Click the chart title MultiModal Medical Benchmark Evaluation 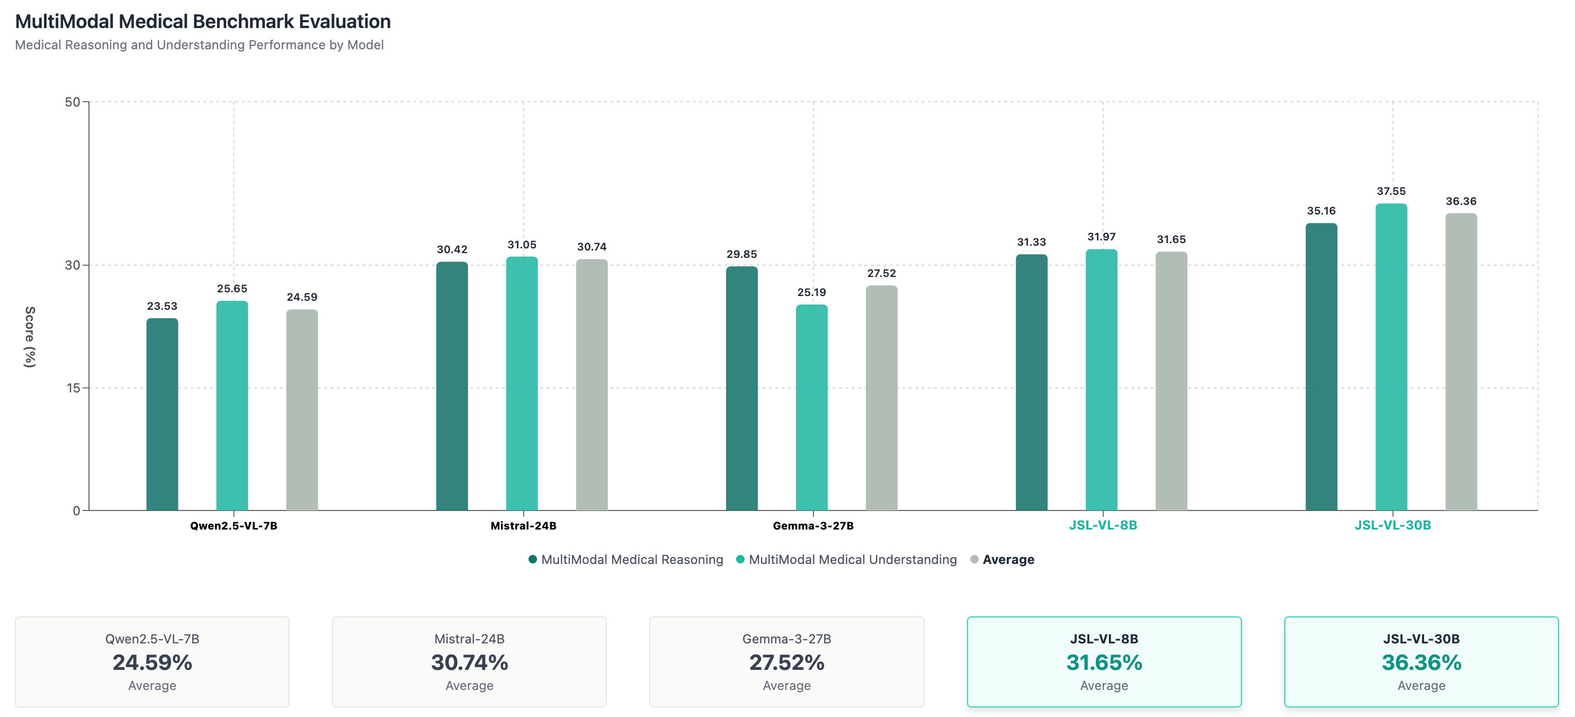tap(202, 21)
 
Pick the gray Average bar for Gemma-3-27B tap(881, 397)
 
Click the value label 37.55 tap(1391, 191)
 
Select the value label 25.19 tap(811, 292)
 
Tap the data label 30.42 tap(452, 249)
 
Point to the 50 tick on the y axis tap(72, 102)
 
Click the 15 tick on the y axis tap(74, 388)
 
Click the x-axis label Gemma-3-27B tap(812, 526)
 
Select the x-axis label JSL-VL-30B tap(1392, 525)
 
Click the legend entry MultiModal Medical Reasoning tap(632, 559)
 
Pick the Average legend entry tap(1008, 559)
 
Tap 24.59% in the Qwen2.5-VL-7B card tap(152, 662)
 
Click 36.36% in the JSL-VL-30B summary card tap(1421, 662)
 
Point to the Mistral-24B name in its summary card tap(469, 639)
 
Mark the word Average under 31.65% tap(1104, 686)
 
